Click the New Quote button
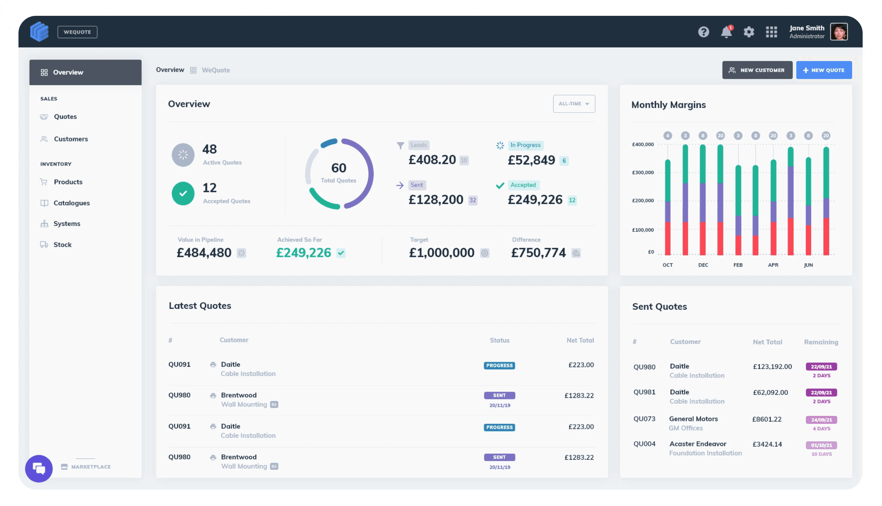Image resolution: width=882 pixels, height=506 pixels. (x=823, y=70)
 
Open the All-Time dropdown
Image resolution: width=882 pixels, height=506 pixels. (x=574, y=104)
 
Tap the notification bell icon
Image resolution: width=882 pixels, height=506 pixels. (x=726, y=32)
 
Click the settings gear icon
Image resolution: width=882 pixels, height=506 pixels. (x=749, y=32)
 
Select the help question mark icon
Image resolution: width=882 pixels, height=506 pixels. (x=703, y=32)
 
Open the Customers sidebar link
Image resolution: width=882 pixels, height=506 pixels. (x=71, y=139)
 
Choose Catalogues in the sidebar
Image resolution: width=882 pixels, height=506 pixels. (x=72, y=203)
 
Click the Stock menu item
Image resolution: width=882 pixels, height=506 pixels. (x=62, y=245)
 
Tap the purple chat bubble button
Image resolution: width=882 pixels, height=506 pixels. (x=39, y=468)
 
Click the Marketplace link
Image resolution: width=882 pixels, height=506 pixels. (x=91, y=467)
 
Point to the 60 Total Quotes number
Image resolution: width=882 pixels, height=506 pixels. (x=339, y=168)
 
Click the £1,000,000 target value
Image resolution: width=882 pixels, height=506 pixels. (x=441, y=253)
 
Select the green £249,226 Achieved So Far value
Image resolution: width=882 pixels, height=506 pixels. (x=304, y=253)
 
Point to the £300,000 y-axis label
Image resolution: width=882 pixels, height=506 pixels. (x=643, y=172)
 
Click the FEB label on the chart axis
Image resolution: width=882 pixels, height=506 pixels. (x=738, y=265)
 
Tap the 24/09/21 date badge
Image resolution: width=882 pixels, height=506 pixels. (x=821, y=420)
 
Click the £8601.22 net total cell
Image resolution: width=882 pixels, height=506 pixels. (x=767, y=420)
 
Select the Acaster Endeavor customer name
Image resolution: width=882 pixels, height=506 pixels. (x=698, y=444)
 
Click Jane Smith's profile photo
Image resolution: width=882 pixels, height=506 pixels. (x=839, y=32)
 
